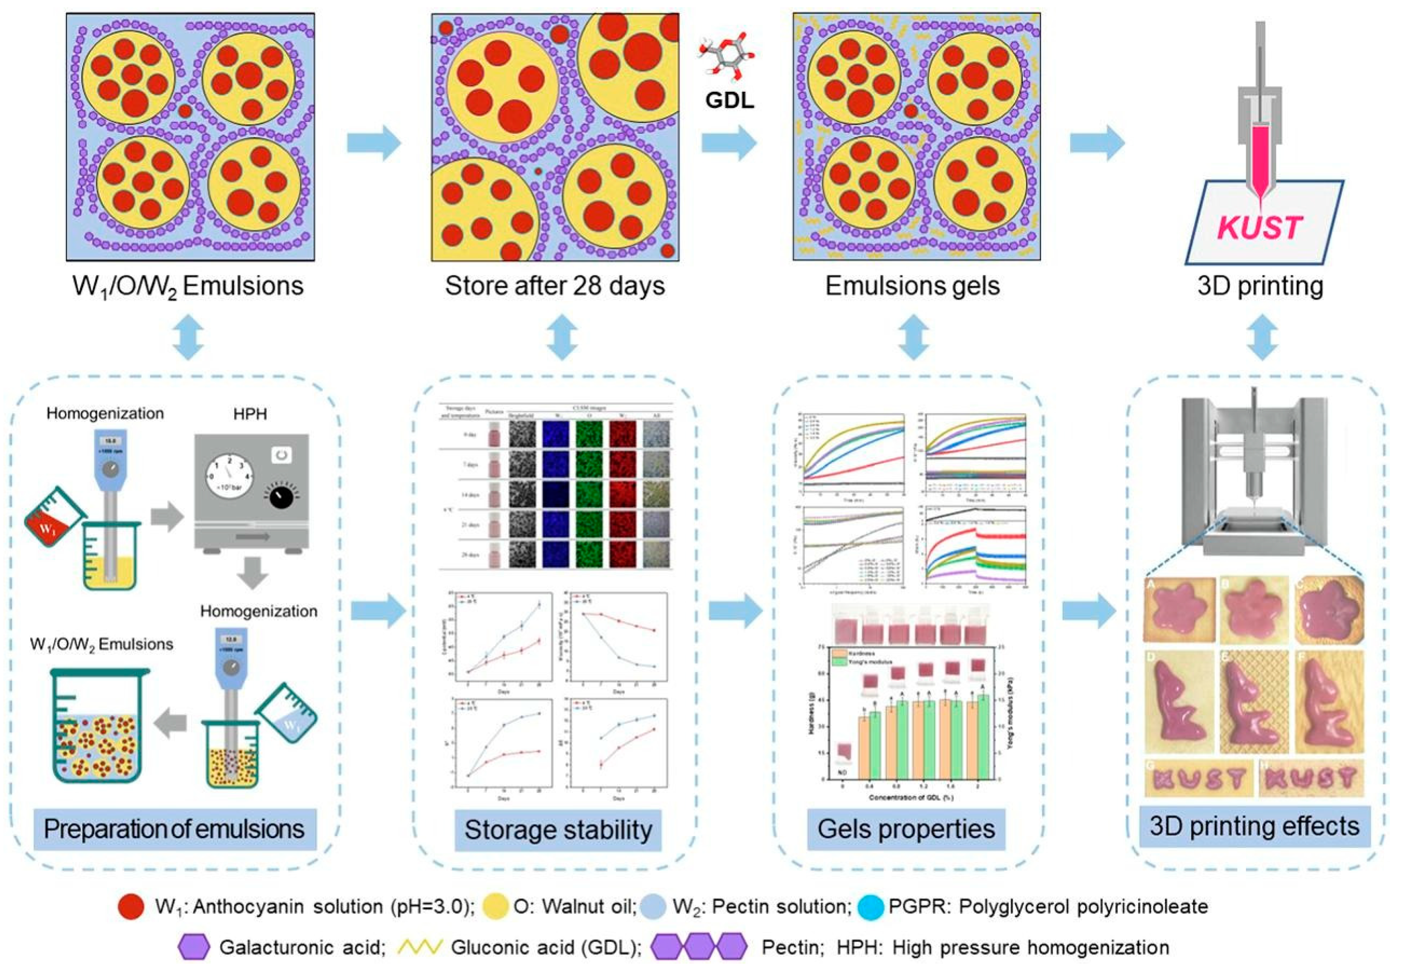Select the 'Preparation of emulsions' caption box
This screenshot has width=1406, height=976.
(174, 829)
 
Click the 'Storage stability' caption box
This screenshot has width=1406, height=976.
(558, 830)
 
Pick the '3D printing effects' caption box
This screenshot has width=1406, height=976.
(1255, 826)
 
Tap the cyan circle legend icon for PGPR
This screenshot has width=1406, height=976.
(870, 906)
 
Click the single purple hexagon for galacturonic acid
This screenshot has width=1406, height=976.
(195, 947)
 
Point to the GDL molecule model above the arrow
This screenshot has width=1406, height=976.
(728, 58)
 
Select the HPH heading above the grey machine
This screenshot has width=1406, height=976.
(250, 415)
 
